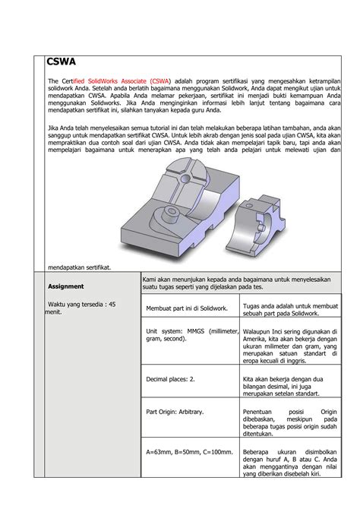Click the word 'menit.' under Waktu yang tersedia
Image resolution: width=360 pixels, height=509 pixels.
click(52, 311)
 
